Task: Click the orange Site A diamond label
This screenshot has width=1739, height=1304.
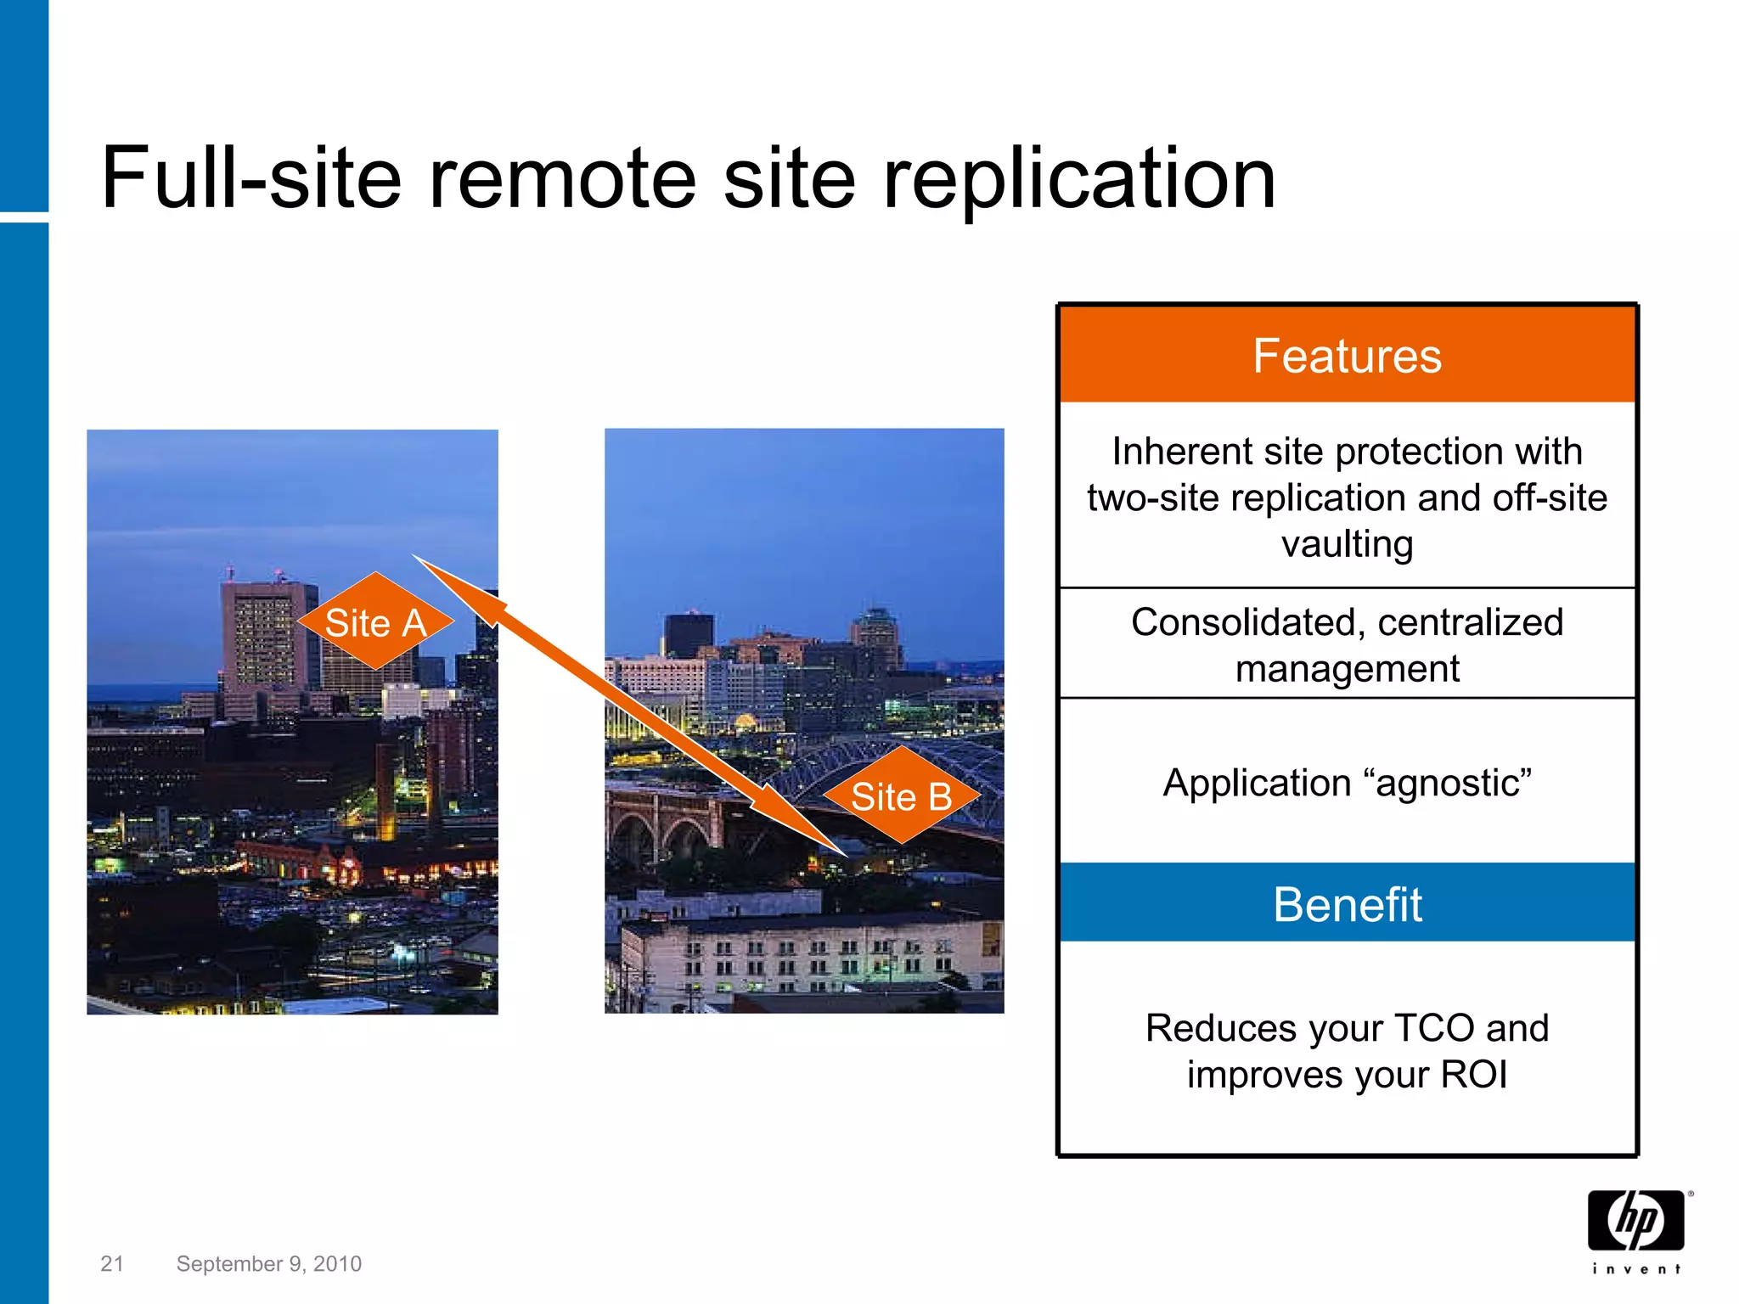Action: coord(375,622)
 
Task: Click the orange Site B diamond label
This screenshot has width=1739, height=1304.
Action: coord(901,796)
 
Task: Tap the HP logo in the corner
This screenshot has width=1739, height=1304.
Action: coord(1635,1221)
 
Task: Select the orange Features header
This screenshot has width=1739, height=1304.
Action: coord(1347,355)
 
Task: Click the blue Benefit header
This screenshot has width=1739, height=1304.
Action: coord(1347,903)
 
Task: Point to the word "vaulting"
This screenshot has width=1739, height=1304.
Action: coord(1347,544)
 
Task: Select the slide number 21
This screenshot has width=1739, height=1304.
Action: coord(112,1264)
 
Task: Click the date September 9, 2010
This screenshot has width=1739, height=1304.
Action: coord(268,1264)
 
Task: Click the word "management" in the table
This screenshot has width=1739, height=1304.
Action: coord(1347,669)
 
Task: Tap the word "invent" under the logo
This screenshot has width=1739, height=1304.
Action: coord(1635,1269)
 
